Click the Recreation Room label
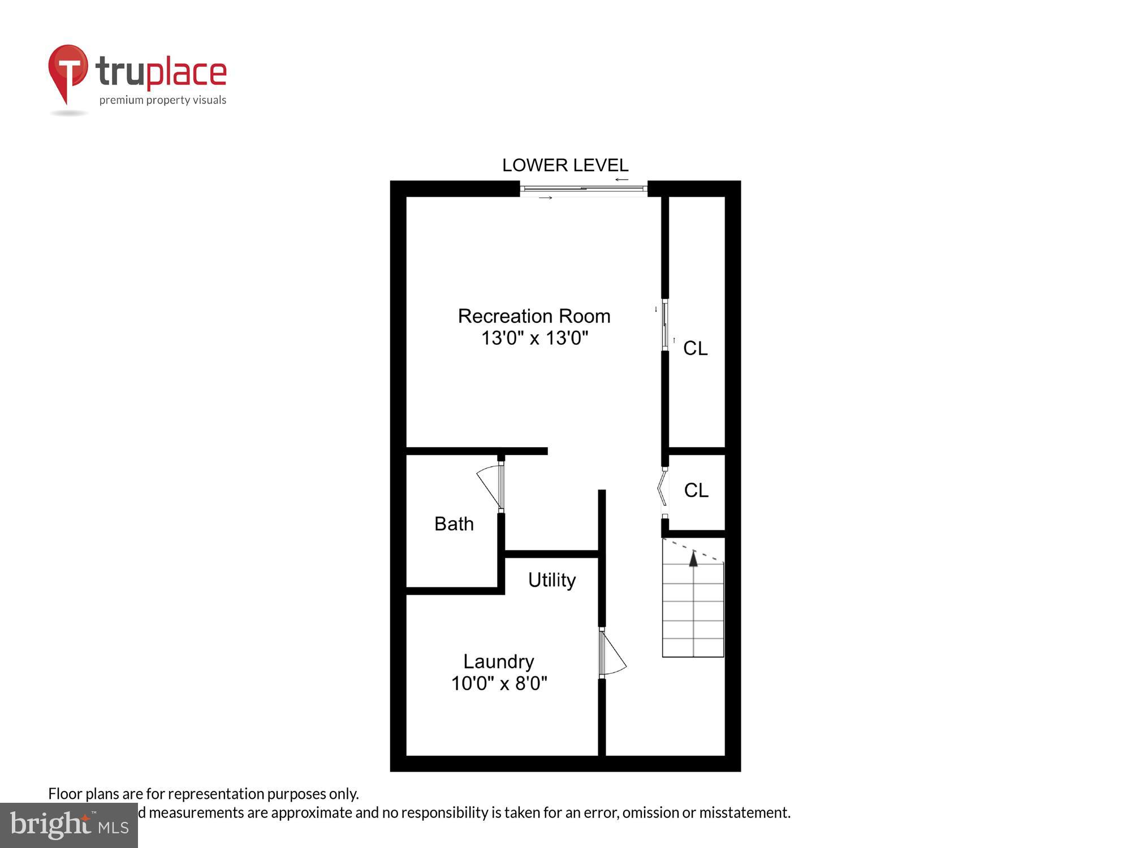pyautogui.click(x=534, y=316)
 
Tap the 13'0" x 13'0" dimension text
pyautogui.click(x=534, y=338)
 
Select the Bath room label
pyautogui.click(x=454, y=524)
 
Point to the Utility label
pyautogui.click(x=552, y=580)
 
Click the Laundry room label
pyautogui.click(x=498, y=661)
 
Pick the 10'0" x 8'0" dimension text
pyautogui.click(x=499, y=683)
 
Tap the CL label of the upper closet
pyautogui.click(x=695, y=348)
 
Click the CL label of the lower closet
pyautogui.click(x=696, y=490)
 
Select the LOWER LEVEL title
pyautogui.click(x=565, y=165)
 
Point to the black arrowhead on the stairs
pyautogui.click(x=693, y=559)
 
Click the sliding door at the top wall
pyautogui.click(x=583, y=189)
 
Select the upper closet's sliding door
pyautogui.click(x=666, y=325)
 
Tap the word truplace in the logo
pyautogui.click(x=161, y=72)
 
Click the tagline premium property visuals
pyautogui.click(x=163, y=101)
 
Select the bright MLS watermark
pyautogui.click(x=69, y=825)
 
